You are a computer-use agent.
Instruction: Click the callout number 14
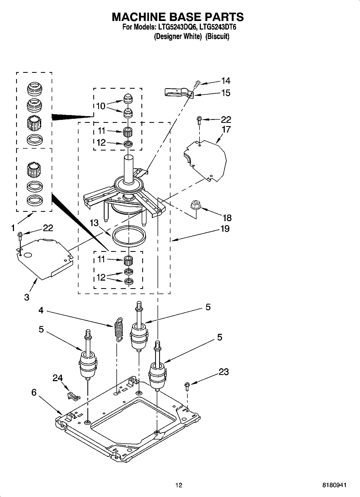pyautogui.click(x=226, y=80)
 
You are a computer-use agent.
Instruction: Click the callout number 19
pyautogui.click(x=225, y=229)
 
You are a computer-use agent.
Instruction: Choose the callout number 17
pyautogui.click(x=226, y=129)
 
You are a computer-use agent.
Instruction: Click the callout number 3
pyautogui.click(x=27, y=297)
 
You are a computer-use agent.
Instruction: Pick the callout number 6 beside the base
pyautogui.click(x=34, y=392)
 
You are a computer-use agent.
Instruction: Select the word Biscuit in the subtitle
pyautogui.click(x=217, y=37)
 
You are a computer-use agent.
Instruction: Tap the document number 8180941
pyautogui.click(x=334, y=485)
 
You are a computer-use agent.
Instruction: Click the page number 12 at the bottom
pyautogui.click(x=179, y=485)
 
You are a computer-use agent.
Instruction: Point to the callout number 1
pyautogui.click(x=13, y=228)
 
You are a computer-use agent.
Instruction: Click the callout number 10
pyautogui.click(x=101, y=106)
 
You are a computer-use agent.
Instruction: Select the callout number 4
pyautogui.click(x=41, y=310)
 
